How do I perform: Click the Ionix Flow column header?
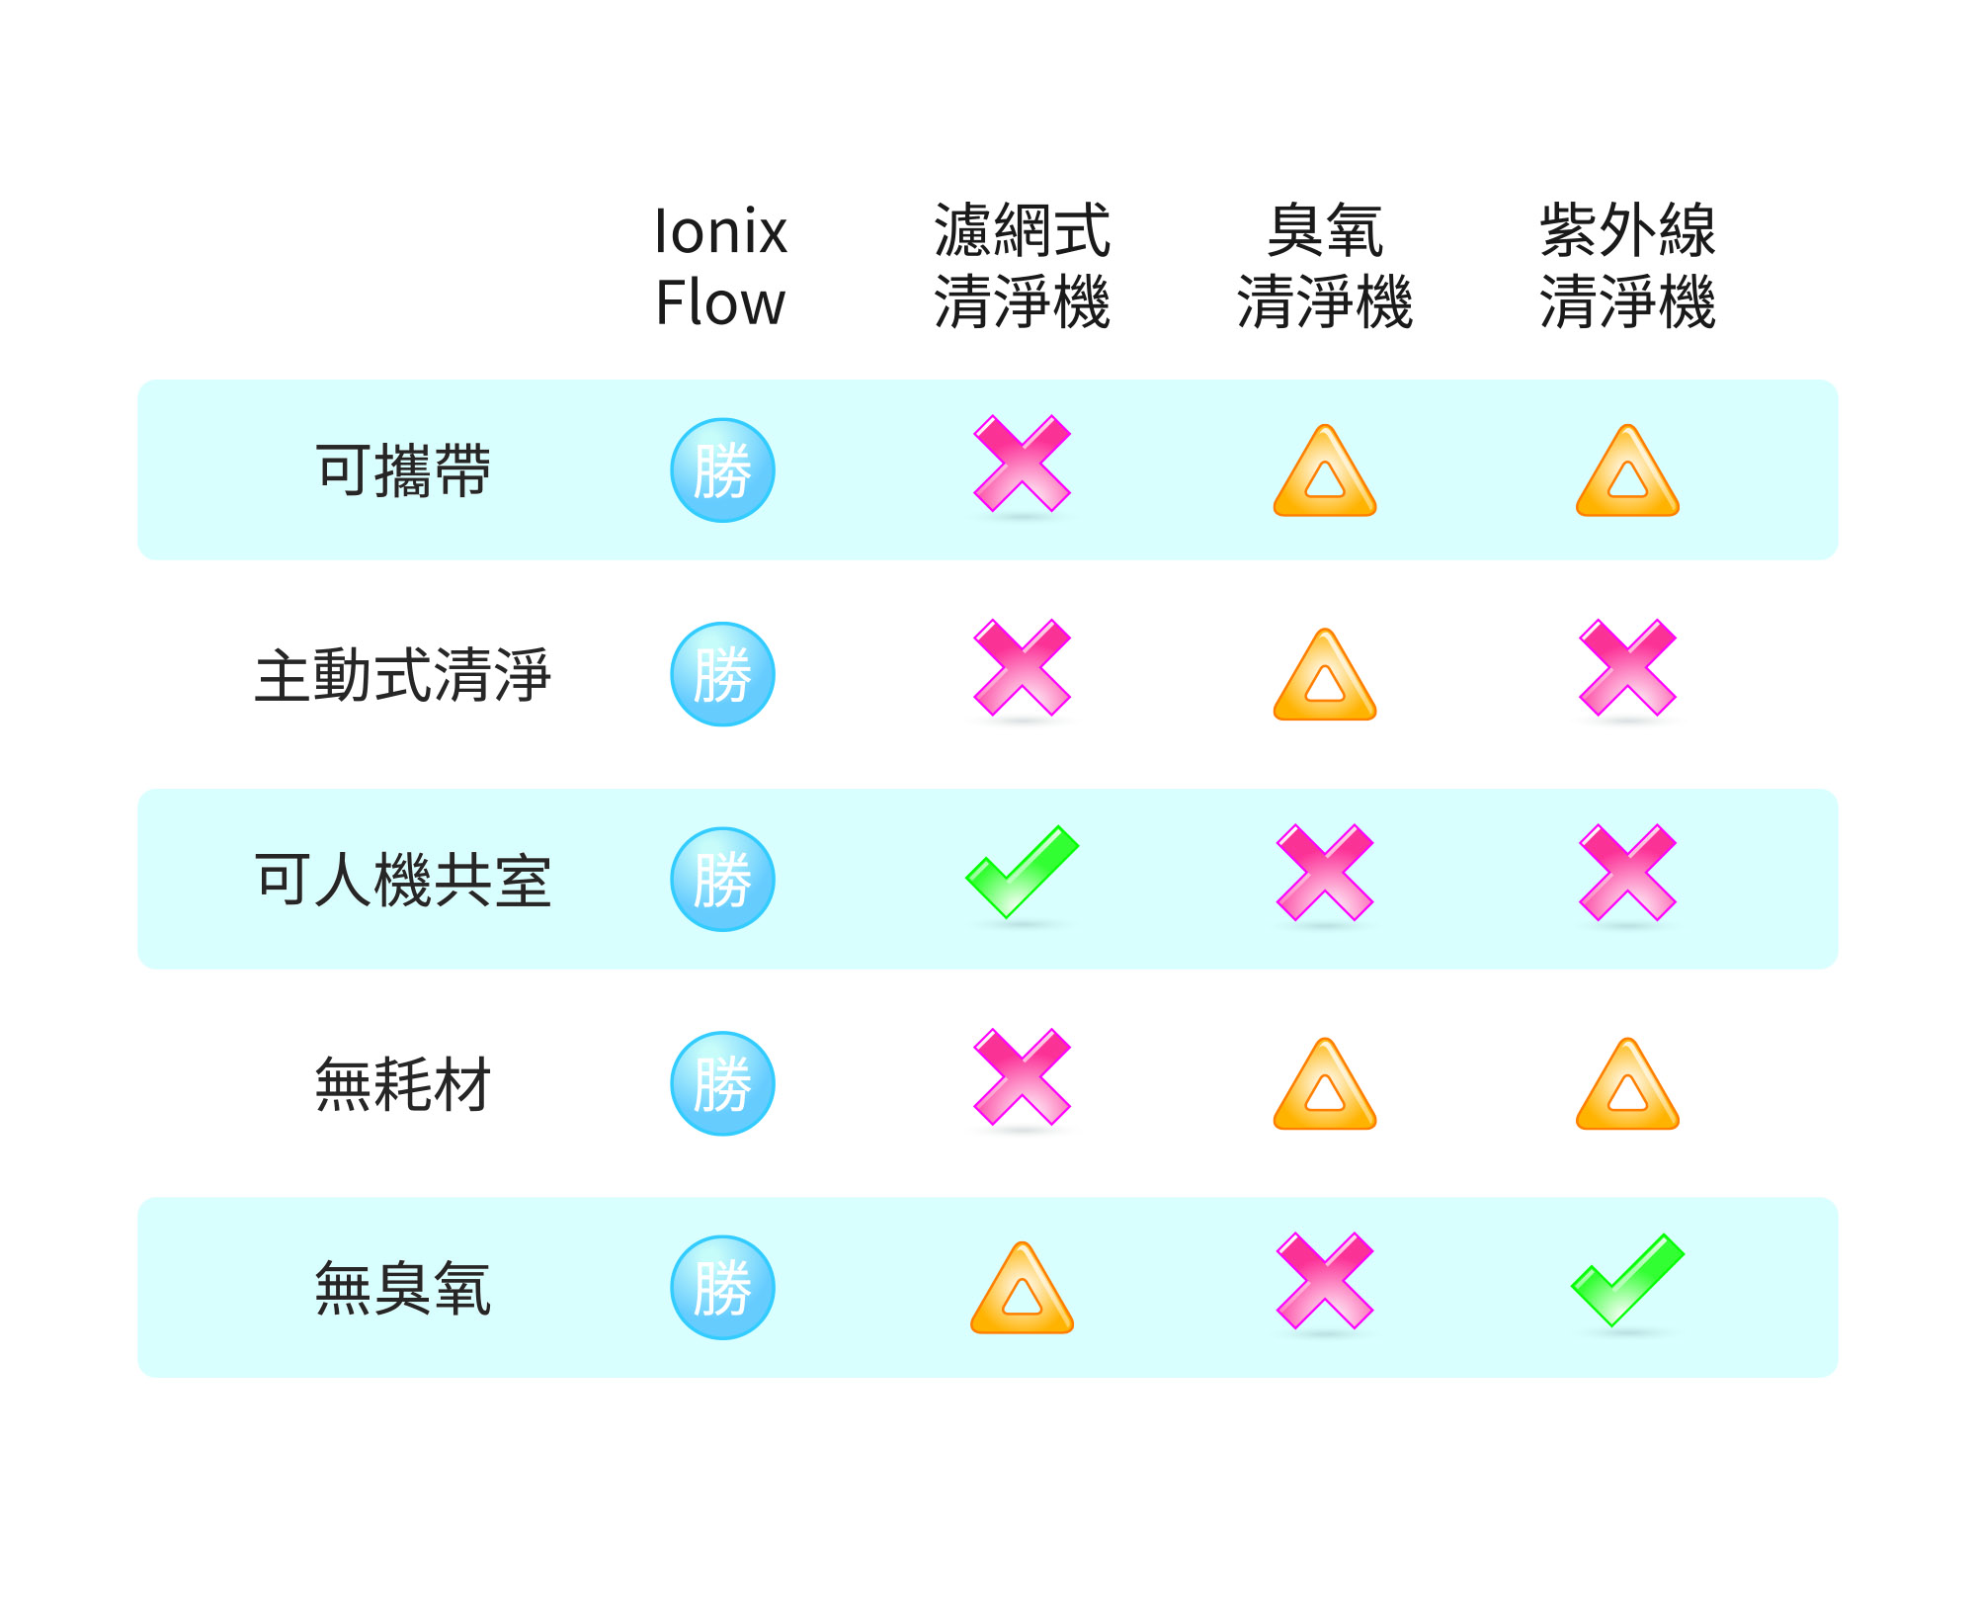click(721, 266)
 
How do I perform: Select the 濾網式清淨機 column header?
click(1023, 266)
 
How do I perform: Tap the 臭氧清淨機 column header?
click(1325, 266)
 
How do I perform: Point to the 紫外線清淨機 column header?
click(1627, 266)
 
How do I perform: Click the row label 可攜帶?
click(403, 470)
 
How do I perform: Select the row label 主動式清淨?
click(403, 675)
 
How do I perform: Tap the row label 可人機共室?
click(403, 880)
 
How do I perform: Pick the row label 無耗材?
click(403, 1084)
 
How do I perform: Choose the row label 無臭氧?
click(403, 1289)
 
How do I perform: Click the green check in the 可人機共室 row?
click(1022, 872)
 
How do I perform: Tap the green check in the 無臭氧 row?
click(1627, 1280)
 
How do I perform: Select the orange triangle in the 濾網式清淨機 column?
click(1023, 1289)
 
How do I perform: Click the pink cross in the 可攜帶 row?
click(1023, 464)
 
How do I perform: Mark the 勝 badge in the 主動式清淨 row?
click(722, 674)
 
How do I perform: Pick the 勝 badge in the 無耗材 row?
click(722, 1083)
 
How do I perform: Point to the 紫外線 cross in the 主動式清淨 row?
click(1627, 667)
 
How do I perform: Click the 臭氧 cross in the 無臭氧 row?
click(1325, 1280)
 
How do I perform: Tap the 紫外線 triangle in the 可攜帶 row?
click(1627, 472)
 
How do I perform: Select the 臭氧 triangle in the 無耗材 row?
click(1325, 1085)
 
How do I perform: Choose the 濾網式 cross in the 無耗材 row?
click(1023, 1076)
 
